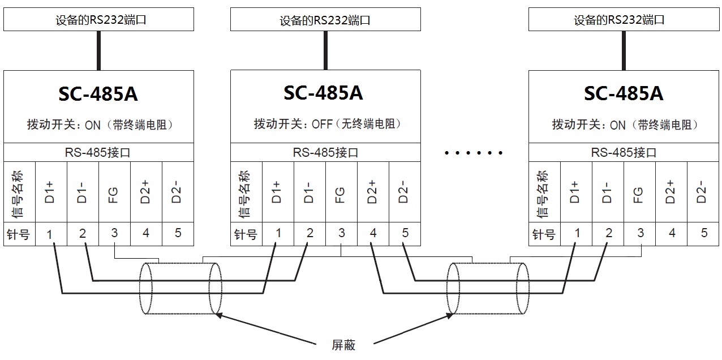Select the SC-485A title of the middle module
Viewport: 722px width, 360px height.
pos(324,93)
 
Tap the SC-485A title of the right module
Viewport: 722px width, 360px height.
pos(624,93)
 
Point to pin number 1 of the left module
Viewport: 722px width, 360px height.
pos(50,234)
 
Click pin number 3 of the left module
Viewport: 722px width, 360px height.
pos(114,233)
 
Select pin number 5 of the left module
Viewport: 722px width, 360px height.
pos(178,233)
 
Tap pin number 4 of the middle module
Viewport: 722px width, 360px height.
pos(373,233)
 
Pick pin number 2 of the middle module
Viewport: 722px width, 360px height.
pos(310,233)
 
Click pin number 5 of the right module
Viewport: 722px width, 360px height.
pos(704,233)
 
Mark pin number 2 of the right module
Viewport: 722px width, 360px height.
pos(608,233)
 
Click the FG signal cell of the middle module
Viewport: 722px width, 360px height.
pos(341,192)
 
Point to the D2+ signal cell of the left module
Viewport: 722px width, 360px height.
pos(146,192)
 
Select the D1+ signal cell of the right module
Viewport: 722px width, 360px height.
pos(576,192)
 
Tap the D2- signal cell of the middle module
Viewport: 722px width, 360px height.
pos(404,192)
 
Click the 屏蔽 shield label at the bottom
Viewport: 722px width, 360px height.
pos(343,345)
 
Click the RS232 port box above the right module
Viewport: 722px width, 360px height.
pos(624,20)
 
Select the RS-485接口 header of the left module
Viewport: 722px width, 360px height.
pos(98,152)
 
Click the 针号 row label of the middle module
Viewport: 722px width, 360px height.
pos(246,234)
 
